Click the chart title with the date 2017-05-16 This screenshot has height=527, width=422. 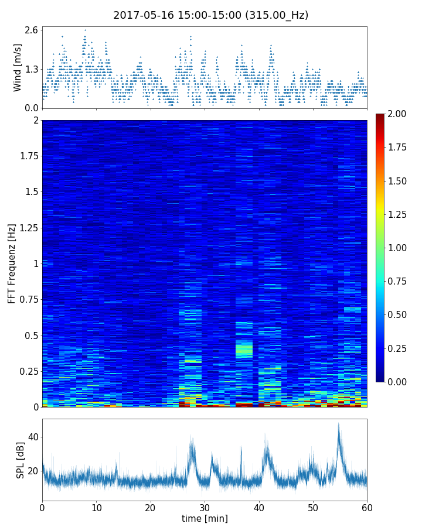(210, 15)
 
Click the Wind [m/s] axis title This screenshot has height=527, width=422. (18, 67)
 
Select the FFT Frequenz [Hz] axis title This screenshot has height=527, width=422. (12, 263)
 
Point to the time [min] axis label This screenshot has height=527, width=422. (205, 518)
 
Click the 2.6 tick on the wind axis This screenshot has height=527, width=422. (32, 30)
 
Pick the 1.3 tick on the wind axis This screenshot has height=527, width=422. (32, 69)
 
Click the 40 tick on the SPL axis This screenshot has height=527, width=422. (33, 437)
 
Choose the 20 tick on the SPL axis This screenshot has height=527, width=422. (33, 470)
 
